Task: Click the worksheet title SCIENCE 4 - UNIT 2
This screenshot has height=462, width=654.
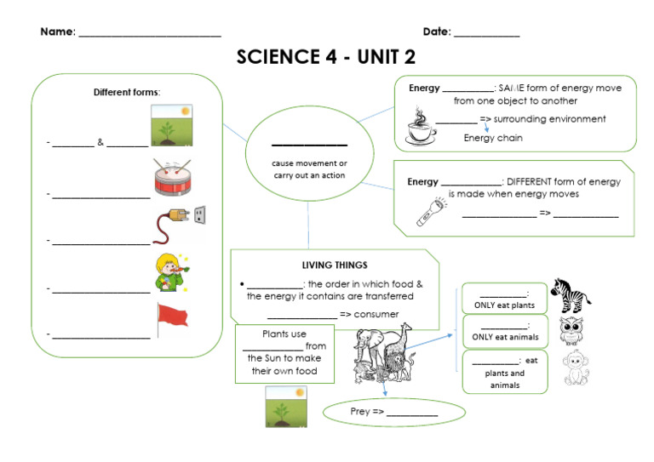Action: point(326,57)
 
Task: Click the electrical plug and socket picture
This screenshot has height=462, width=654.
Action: point(179,225)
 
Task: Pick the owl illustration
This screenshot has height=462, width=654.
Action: point(571,332)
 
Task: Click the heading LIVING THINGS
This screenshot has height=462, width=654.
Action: point(335,265)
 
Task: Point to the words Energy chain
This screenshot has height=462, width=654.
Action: point(493,138)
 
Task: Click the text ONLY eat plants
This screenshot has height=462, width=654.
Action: point(504,305)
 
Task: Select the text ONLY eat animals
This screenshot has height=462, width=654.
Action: point(504,337)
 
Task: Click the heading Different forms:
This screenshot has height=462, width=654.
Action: point(127,92)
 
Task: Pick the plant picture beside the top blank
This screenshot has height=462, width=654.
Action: point(171,126)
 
